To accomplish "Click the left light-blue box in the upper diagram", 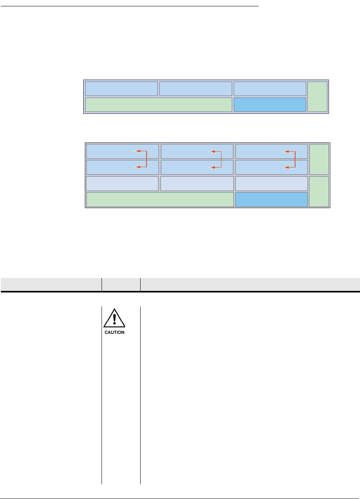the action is pos(121,89).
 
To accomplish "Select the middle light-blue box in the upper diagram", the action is pos(196,89).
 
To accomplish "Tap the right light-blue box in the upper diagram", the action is pos(270,89).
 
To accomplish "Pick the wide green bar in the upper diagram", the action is pos(158,105).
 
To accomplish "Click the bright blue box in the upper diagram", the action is pos(270,105).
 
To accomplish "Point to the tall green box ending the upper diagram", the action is pos(318,97).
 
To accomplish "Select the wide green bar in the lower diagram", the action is pos(160,199).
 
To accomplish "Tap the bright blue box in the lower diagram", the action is pos(272,199).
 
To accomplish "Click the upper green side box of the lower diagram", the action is pos(319,159).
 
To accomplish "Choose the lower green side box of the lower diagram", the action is pos(319,191).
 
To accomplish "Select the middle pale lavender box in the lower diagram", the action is pos(197,184).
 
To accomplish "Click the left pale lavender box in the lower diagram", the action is pos(122,184).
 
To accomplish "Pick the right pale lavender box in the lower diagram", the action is pos(272,184).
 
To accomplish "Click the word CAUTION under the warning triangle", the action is pos(115,332).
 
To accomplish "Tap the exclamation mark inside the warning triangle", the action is pos(115,319).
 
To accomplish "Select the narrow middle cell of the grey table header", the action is pos(121,284).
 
